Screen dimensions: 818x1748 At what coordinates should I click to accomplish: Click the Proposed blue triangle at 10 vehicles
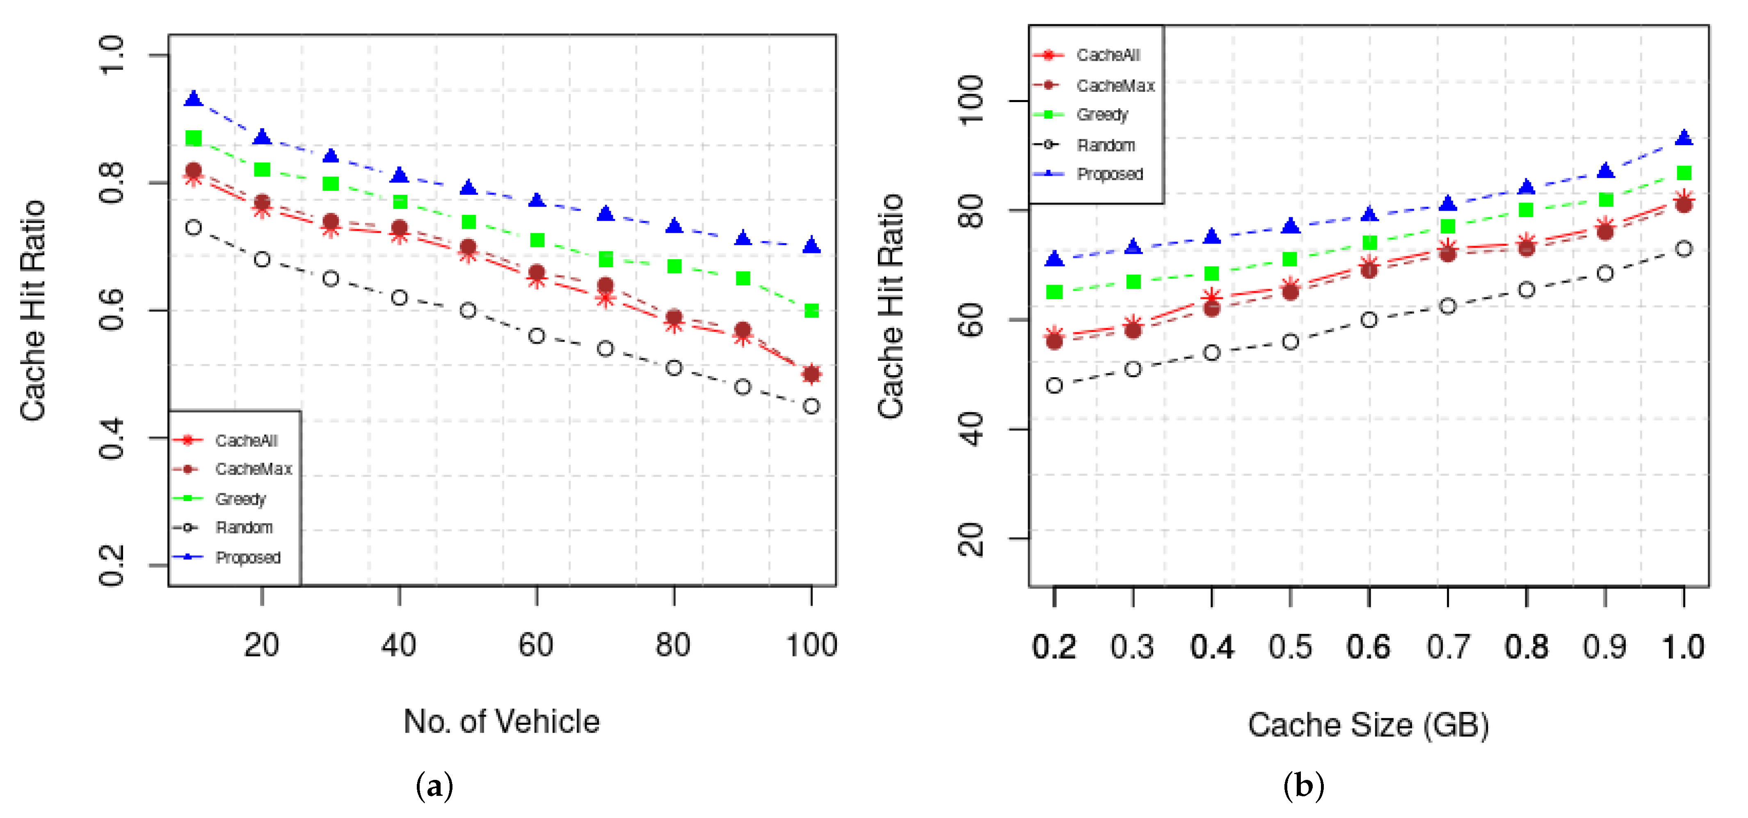[x=193, y=99]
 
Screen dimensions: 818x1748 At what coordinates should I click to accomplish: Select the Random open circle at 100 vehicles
[x=811, y=406]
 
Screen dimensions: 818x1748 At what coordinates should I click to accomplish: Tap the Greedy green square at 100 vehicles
[x=811, y=311]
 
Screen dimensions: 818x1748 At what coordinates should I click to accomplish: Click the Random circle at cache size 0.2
[x=1054, y=385]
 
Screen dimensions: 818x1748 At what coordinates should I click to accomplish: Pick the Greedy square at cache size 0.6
[x=1369, y=243]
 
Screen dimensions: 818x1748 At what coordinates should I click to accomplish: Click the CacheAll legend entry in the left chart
[x=246, y=441]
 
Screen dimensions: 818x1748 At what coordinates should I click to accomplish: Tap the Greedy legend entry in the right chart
[x=1102, y=115]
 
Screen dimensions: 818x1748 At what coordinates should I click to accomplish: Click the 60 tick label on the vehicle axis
[x=536, y=645]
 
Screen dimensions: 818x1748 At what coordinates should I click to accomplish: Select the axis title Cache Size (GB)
[x=1368, y=725]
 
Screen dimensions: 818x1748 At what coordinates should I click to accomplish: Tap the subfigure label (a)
[x=434, y=786]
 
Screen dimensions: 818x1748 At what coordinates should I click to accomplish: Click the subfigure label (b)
[x=1304, y=786]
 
